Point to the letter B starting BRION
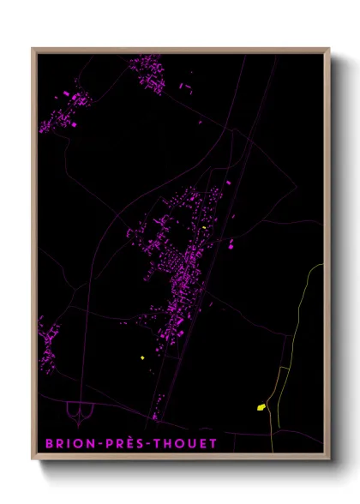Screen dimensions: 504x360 pos(48,443)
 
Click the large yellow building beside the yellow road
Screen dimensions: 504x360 pos(261,407)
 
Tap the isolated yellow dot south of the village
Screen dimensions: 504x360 pos(141,357)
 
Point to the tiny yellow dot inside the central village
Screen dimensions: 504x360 pos(205,227)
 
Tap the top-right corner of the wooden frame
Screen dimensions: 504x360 pos(329,49)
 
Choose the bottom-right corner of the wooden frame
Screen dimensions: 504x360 pos(329,459)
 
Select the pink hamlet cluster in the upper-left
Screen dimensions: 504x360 pos(64,111)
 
